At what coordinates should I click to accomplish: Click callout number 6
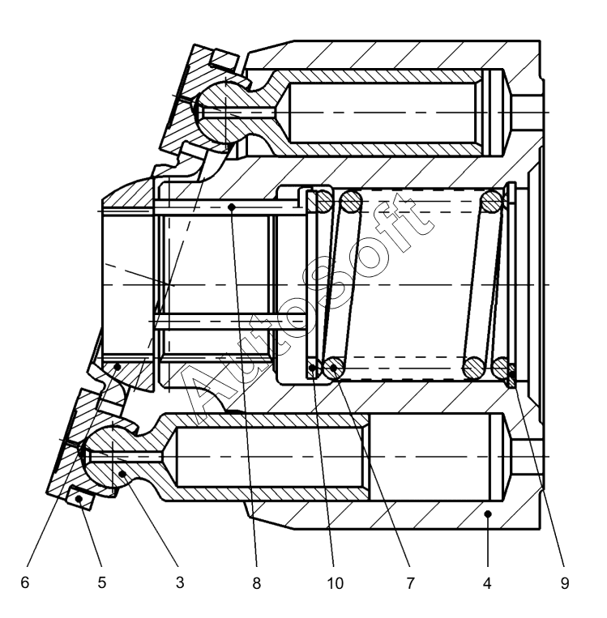point(26,582)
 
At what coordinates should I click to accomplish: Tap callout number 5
point(102,582)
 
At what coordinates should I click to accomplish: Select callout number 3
point(180,582)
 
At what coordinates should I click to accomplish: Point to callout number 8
point(257,582)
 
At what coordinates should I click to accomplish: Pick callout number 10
point(334,582)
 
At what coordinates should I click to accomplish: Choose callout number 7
point(411,582)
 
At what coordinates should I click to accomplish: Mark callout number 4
point(487,582)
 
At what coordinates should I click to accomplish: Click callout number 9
point(564,582)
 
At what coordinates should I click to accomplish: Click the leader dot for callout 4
point(487,514)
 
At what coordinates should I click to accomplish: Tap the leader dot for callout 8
point(232,207)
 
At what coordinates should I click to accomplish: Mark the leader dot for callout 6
point(118,367)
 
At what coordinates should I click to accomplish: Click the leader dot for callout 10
point(313,371)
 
